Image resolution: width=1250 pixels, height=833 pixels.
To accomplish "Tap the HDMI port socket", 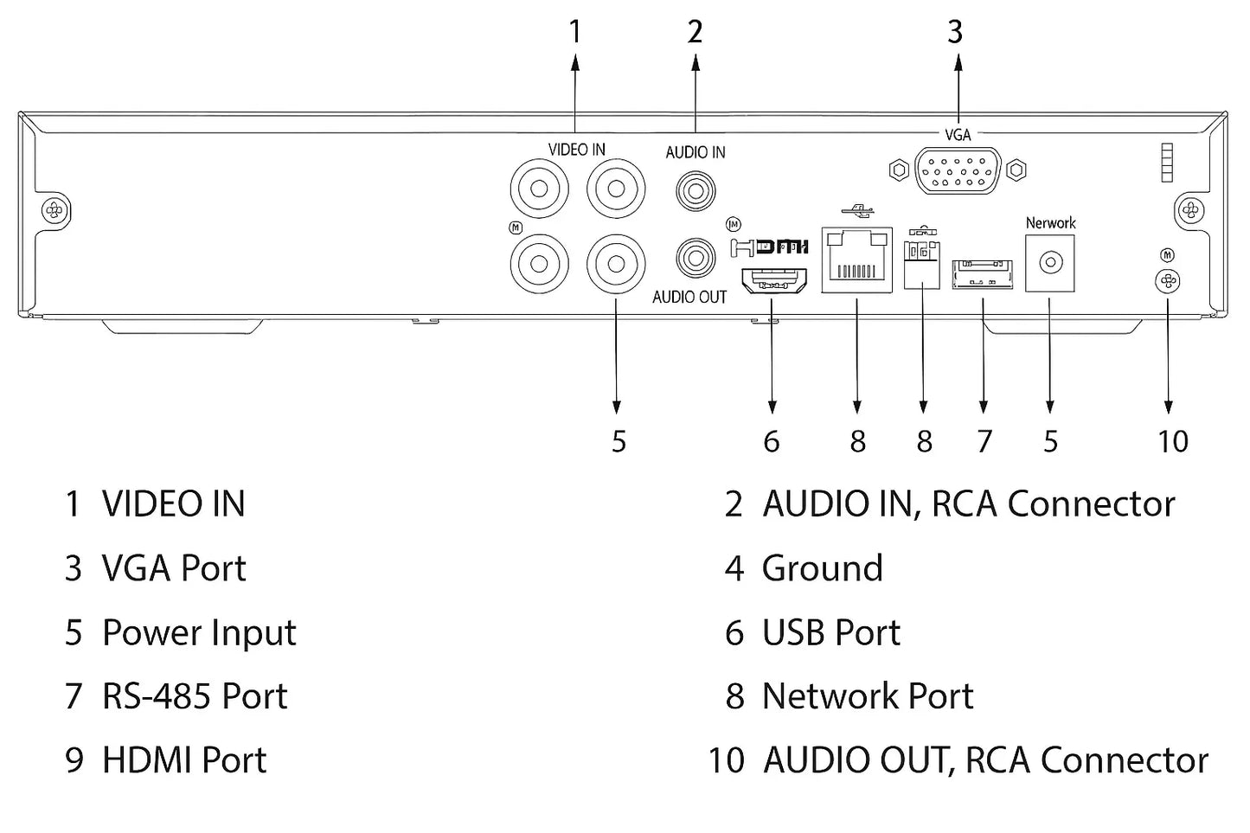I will tap(772, 280).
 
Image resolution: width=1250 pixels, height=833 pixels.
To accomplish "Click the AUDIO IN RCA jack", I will tap(696, 187).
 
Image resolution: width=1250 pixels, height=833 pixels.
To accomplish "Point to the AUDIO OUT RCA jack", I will tap(694, 258).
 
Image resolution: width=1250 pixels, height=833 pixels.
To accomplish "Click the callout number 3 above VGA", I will tap(955, 32).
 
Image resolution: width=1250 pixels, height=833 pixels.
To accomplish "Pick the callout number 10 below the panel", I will tap(1172, 441).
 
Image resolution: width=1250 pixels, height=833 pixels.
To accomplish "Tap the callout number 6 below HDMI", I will tap(772, 441).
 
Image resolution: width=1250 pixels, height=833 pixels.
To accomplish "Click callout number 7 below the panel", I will tap(984, 441).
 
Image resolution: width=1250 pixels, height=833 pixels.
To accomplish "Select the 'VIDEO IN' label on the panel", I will tap(576, 150).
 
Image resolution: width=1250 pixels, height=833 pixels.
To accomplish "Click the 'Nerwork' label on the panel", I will tap(1050, 223).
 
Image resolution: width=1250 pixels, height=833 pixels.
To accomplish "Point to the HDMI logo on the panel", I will tap(769, 247).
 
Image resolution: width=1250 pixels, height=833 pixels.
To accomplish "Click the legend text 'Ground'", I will tap(822, 568).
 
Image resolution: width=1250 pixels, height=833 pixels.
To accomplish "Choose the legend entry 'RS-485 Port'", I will tap(195, 696).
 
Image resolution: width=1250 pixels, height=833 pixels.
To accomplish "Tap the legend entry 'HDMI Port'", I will tap(184, 760).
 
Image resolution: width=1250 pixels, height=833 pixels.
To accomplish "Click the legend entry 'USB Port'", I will tap(830, 632).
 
